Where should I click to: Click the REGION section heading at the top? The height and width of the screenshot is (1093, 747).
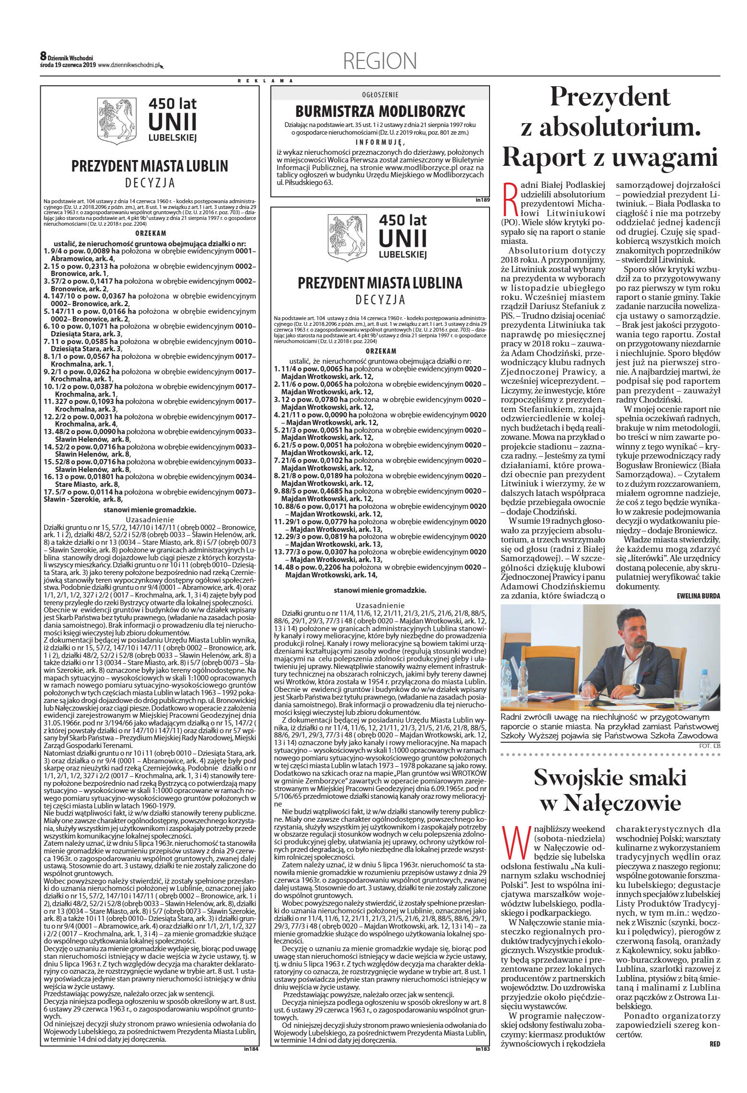coord(380,61)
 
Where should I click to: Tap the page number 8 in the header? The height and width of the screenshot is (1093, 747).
coord(43,56)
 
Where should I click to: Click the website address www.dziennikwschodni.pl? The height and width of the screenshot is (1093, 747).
coord(128,65)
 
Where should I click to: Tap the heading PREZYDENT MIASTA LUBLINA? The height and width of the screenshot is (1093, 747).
coord(380,283)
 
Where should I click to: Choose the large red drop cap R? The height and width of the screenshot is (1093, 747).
coord(511,198)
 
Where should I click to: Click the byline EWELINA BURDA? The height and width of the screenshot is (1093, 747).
coord(699,596)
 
